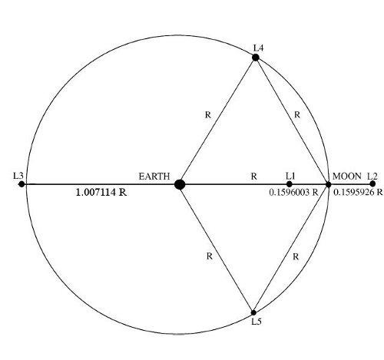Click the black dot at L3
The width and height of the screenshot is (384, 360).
coord(22,184)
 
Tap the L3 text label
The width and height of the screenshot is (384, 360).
coord(18,176)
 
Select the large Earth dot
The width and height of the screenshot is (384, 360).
coord(180,184)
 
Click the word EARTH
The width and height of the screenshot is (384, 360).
coord(154,177)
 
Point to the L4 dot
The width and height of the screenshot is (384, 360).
coord(256,58)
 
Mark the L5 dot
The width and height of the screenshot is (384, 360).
coord(253,312)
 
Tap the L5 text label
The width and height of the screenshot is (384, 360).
coord(257,322)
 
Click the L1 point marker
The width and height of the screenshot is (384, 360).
coord(290,184)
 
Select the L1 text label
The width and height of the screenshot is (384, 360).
coord(290,176)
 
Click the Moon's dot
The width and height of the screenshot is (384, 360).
coord(329,184)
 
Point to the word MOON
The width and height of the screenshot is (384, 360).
coord(347,176)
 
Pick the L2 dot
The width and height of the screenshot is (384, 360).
coord(372,183)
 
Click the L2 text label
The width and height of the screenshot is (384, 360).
coord(372,176)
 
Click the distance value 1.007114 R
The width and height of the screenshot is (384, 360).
coord(101,192)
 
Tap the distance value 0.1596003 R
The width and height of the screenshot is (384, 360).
coord(293,192)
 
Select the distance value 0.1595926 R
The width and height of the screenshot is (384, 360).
coord(358,192)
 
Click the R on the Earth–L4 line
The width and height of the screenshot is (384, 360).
coord(208,115)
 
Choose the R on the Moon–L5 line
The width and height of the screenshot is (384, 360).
coord(296,256)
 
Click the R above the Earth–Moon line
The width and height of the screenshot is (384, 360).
coord(253,177)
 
